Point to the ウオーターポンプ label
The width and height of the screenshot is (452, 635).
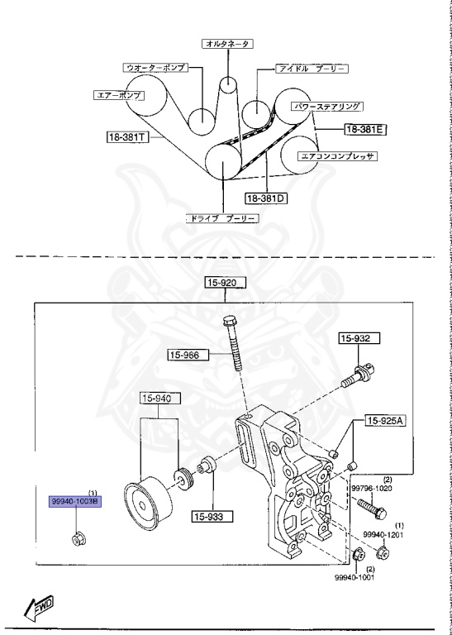coord(155,66)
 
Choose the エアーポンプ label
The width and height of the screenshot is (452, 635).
coord(118,95)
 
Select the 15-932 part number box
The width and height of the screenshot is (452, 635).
coord(357,338)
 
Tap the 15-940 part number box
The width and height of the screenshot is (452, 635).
coord(159,399)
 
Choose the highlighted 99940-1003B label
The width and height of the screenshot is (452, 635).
coord(74,502)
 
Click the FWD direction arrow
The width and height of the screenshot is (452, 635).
coord(39,609)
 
